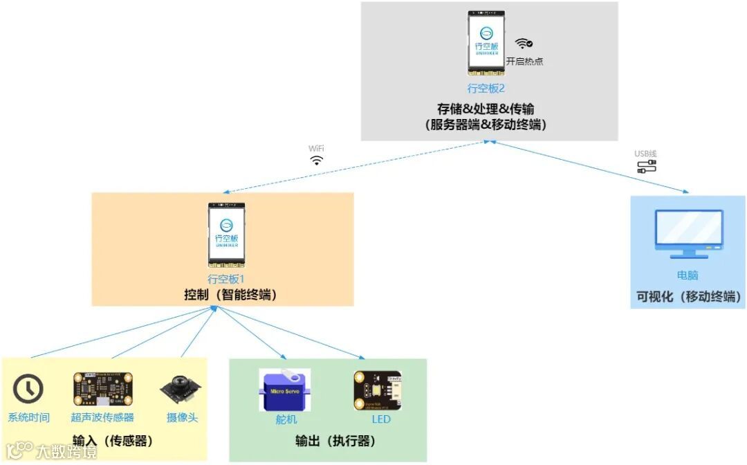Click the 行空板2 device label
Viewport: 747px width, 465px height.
pyautogui.click(x=486, y=89)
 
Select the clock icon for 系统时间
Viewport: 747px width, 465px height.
pyautogui.click(x=28, y=390)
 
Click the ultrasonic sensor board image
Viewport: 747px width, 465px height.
pyautogui.click(x=102, y=390)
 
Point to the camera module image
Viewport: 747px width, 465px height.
pyautogui.click(x=182, y=390)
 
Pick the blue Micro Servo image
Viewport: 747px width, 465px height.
pyautogui.click(x=284, y=390)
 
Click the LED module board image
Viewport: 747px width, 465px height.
pyautogui.click(x=377, y=390)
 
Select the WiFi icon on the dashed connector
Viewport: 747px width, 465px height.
pyautogui.click(x=316, y=161)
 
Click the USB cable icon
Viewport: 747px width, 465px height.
pyautogui.click(x=647, y=166)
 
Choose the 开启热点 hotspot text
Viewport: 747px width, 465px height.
pyautogui.click(x=524, y=61)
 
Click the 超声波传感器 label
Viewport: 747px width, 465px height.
pyautogui.click(x=102, y=417)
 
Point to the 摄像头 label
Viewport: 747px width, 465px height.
pyautogui.click(x=182, y=417)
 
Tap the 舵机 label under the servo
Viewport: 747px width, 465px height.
pyautogui.click(x=285, y=419)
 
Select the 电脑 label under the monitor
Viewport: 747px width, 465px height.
pyautogui.click(x=688, y=275)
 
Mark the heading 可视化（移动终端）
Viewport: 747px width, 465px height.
pyautogui.click(x=689, y=297)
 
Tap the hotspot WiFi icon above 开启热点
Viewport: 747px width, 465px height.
pyautogui.click(x=524, y=44)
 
